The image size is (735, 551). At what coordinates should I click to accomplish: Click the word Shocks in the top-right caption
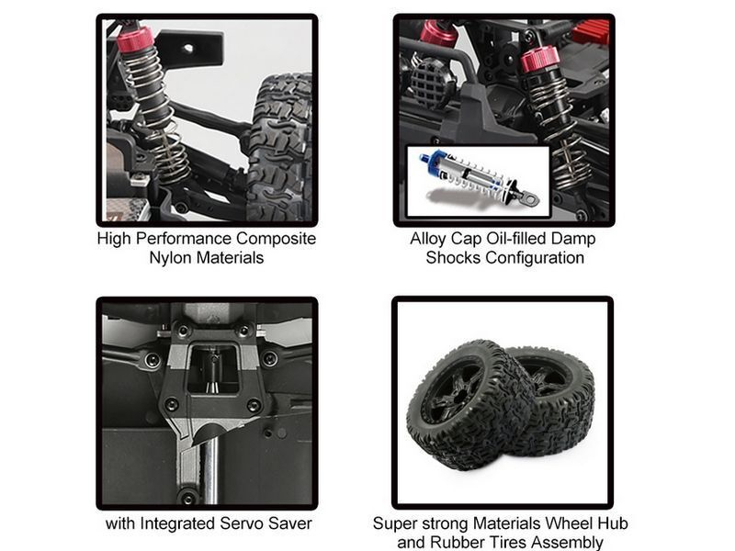[x=453, y=258]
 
